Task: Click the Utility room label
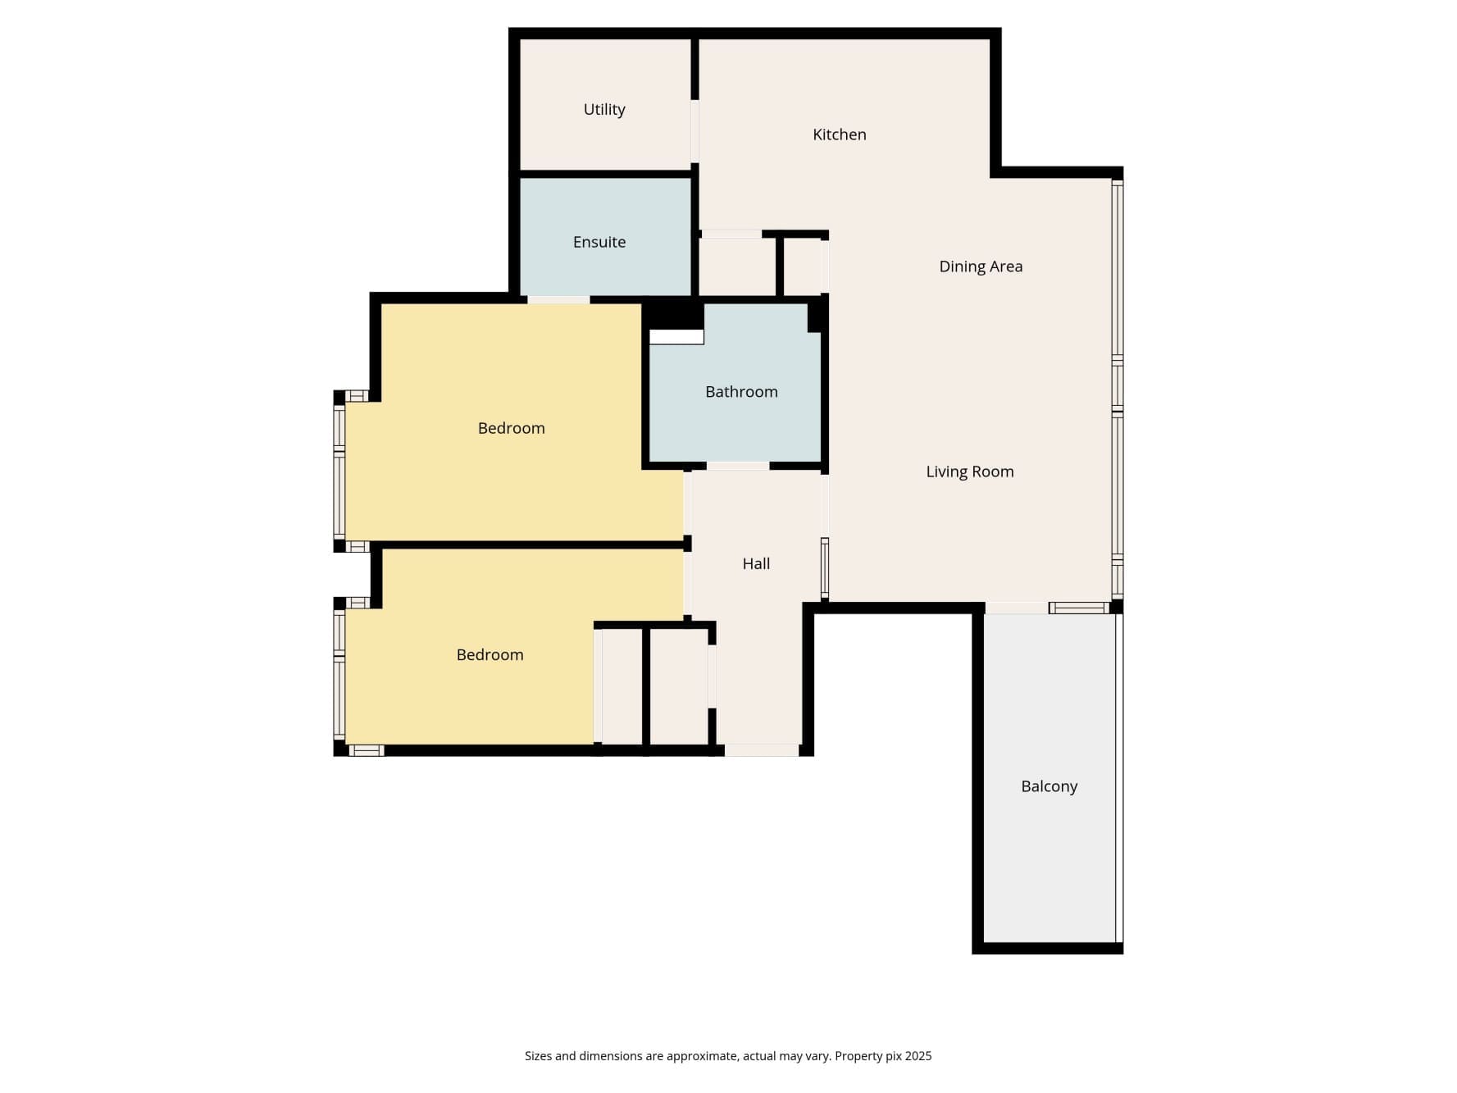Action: coord(604,110)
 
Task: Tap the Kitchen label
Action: coord(839,134)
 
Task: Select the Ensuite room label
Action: coord(599,242)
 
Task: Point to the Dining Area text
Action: coord(981,266)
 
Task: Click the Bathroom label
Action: coord(741,392)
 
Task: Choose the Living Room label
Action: coord(970,471)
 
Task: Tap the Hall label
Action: coord(756,563)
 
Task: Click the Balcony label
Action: coord(1049,786)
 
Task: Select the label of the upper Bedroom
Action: coord(512,428)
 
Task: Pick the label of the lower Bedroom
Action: coord(489,654)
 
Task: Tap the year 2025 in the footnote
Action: coord(918,1056)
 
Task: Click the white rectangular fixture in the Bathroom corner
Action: coord(676,337)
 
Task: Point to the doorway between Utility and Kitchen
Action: coord(694,131)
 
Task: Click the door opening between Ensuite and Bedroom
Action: coord(558,300)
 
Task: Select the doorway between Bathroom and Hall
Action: coord(738,466)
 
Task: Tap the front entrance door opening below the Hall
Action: coord(762,750)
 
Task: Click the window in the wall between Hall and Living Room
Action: coord(825,569)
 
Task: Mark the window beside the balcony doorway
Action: coord(1079,608)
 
